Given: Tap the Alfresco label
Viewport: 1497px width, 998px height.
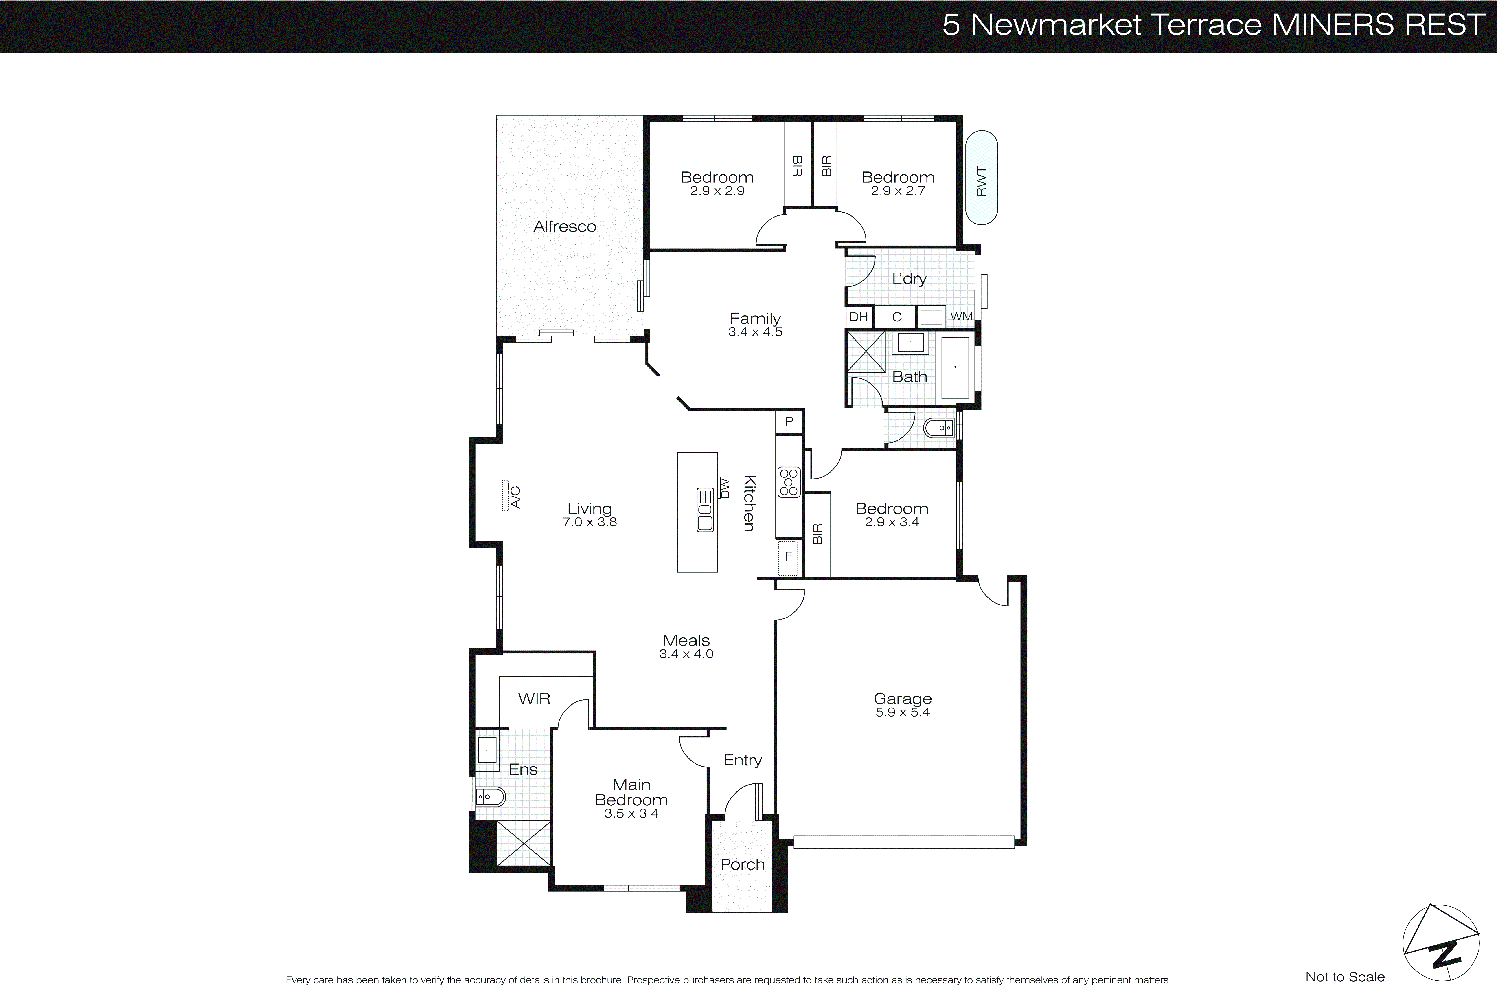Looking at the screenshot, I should click(564, 226).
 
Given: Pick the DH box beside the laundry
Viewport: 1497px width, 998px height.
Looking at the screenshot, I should click(858, 317).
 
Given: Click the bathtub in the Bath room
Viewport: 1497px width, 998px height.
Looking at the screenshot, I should click(955, 368).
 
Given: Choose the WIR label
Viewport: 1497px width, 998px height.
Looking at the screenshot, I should click(534, 699).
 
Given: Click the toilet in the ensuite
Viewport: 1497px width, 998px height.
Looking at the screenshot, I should click(490, 796).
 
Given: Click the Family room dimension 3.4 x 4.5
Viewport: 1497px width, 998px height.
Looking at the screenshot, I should click(755, 332).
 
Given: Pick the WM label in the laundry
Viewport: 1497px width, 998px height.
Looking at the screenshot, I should click(961, 316).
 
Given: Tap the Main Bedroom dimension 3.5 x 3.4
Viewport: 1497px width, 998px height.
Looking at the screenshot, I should click(631, 814).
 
